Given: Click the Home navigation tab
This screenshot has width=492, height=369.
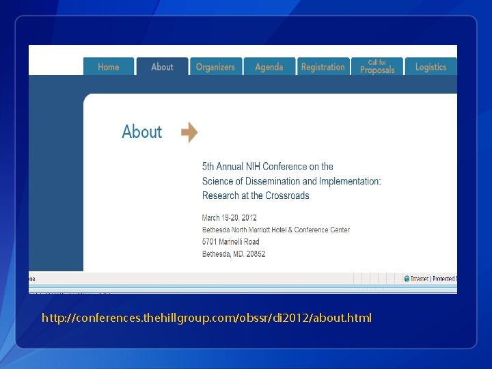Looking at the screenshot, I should point(108,67).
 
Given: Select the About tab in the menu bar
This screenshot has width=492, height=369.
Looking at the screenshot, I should point(162,67).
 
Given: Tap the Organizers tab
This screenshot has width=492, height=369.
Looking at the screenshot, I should point(215,67).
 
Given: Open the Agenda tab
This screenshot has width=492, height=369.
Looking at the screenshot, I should point(269,67).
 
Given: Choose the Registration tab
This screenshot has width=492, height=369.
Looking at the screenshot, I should point(323,67).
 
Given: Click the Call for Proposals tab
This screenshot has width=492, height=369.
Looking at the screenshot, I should point(377,66).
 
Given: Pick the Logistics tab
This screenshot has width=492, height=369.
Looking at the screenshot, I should point(430,67).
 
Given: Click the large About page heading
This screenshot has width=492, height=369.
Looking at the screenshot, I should point(141,132).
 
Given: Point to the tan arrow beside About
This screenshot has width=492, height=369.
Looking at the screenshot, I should point(189,132).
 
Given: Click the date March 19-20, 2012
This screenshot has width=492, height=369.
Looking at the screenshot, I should point(230,218).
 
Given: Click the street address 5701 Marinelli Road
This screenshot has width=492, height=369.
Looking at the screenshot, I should point(231,242).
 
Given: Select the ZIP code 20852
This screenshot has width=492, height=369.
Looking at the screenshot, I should point(255,254).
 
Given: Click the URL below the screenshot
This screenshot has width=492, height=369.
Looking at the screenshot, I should point(206,318).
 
